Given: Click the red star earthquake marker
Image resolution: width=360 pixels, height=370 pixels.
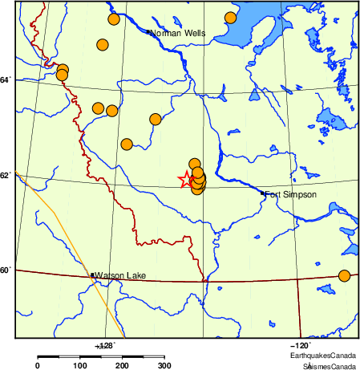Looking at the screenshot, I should [186, 180].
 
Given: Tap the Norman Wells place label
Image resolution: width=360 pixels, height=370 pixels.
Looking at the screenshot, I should [179, 34].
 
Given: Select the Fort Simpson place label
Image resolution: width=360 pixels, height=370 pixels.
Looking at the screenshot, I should [291, 194].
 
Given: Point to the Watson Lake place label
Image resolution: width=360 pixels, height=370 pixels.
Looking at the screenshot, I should [120, 276].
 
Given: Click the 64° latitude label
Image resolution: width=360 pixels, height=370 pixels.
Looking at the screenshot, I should [6, 79].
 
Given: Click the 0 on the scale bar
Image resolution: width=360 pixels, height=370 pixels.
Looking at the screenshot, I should [38, 366].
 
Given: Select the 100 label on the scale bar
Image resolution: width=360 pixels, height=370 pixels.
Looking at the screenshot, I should [79, 366].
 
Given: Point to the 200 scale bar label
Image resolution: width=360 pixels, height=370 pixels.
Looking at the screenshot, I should [122, 366].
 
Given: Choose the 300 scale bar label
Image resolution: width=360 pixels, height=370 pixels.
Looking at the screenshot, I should [164, 366].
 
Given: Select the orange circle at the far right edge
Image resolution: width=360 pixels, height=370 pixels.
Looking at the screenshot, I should [345, 276].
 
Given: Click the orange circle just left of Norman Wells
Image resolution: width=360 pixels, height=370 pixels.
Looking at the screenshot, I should [113, 19].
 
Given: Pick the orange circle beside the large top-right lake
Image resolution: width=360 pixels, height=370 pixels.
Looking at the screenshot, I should [231, 18].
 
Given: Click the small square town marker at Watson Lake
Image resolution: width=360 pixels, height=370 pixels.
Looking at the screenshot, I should [94, 275].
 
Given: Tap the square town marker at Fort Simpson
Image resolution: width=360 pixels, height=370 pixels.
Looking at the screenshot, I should [263, 193].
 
